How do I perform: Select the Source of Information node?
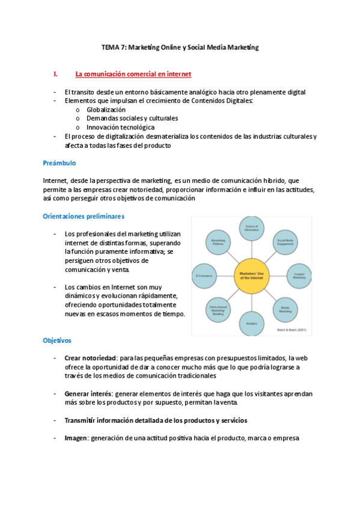click(251, 228)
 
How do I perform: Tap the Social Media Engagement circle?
click(285, 242)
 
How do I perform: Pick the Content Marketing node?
click(299, 274)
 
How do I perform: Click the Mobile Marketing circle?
click(285, 309)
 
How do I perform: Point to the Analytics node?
click(251, 323)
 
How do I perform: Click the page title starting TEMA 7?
click(180, 48)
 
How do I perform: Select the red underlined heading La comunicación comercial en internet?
click(133, 74)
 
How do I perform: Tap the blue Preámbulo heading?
click(59, 163)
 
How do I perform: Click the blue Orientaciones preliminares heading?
click(84, 216)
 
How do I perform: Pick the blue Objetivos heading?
click(57, 340)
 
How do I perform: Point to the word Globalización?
click(106, 110)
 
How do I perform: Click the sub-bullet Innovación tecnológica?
click(120, 127)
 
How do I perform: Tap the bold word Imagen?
click(76, 438)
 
